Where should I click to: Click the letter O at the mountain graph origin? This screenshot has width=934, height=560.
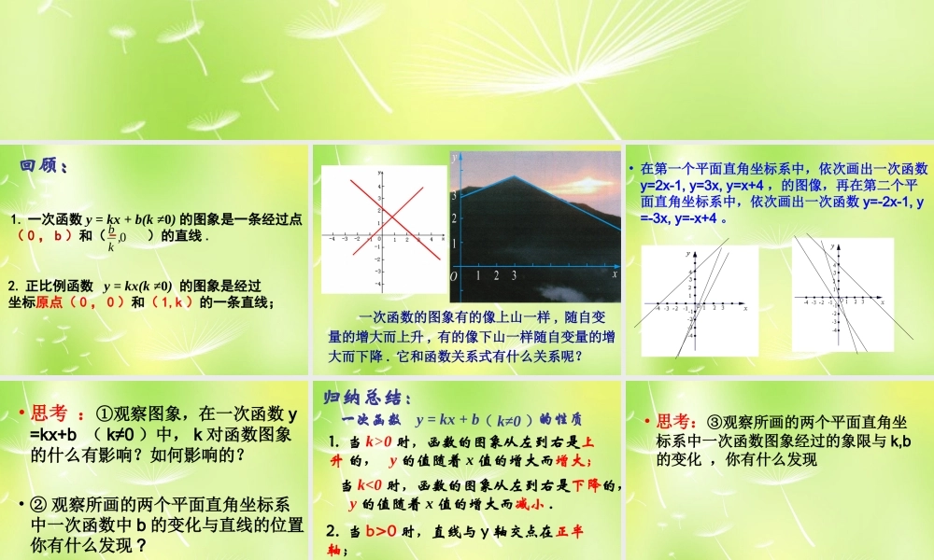454,276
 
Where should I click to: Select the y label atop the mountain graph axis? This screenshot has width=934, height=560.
453,159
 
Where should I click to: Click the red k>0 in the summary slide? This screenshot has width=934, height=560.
373,441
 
